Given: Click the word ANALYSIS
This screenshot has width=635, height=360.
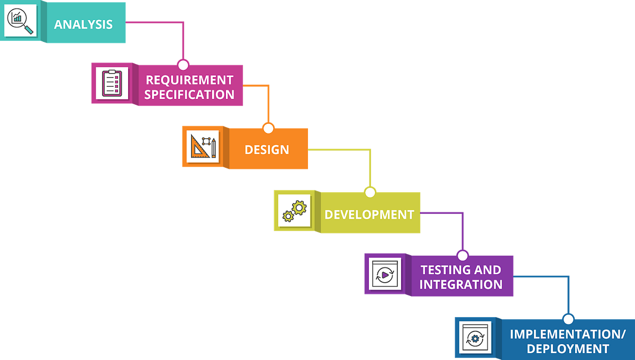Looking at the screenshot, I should coord(83,24).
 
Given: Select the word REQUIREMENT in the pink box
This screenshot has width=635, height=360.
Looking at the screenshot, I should coord(189,80).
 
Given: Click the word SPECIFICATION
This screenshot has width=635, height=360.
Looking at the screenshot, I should coord(189,95).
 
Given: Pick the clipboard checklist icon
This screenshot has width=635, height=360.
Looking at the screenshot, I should coord(112,83).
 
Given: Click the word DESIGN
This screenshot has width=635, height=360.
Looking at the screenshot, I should coord(267,149).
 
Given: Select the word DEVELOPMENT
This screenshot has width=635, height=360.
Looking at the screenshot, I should coord(369,214).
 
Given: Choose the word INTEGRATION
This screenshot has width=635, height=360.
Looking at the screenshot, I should coord(461,284).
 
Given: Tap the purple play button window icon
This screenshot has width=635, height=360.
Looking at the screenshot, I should coord(385,274).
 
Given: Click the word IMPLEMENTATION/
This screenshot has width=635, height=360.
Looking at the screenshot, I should coord(568,334).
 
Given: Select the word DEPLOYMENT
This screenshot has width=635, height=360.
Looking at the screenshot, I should coord(568,349).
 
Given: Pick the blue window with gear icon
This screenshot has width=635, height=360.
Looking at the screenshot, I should coord(475,337).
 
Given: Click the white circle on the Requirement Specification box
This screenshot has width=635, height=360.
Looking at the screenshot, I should coord(183,65).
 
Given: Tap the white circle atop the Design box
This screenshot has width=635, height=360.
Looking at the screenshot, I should coord(268,129).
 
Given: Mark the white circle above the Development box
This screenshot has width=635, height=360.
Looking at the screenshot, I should coord(370,192).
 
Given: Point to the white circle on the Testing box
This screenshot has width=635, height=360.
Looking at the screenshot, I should coord(463,256).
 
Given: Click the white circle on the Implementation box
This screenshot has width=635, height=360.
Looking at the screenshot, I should coord(568,320).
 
